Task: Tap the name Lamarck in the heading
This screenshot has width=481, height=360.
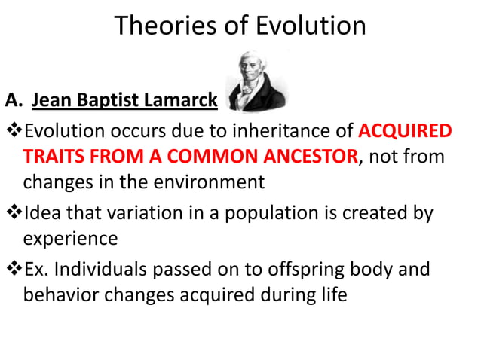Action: [185, 100]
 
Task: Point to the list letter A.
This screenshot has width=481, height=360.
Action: [11, 100]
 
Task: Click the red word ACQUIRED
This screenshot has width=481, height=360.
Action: [404, 132]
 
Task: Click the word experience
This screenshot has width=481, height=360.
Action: [70, 239]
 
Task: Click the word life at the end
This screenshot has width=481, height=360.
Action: [332, 294]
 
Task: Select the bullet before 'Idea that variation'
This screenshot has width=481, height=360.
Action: [13, 213]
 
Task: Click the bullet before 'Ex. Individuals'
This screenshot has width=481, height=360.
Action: [13, 269]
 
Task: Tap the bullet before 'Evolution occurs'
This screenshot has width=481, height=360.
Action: [13, 132]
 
